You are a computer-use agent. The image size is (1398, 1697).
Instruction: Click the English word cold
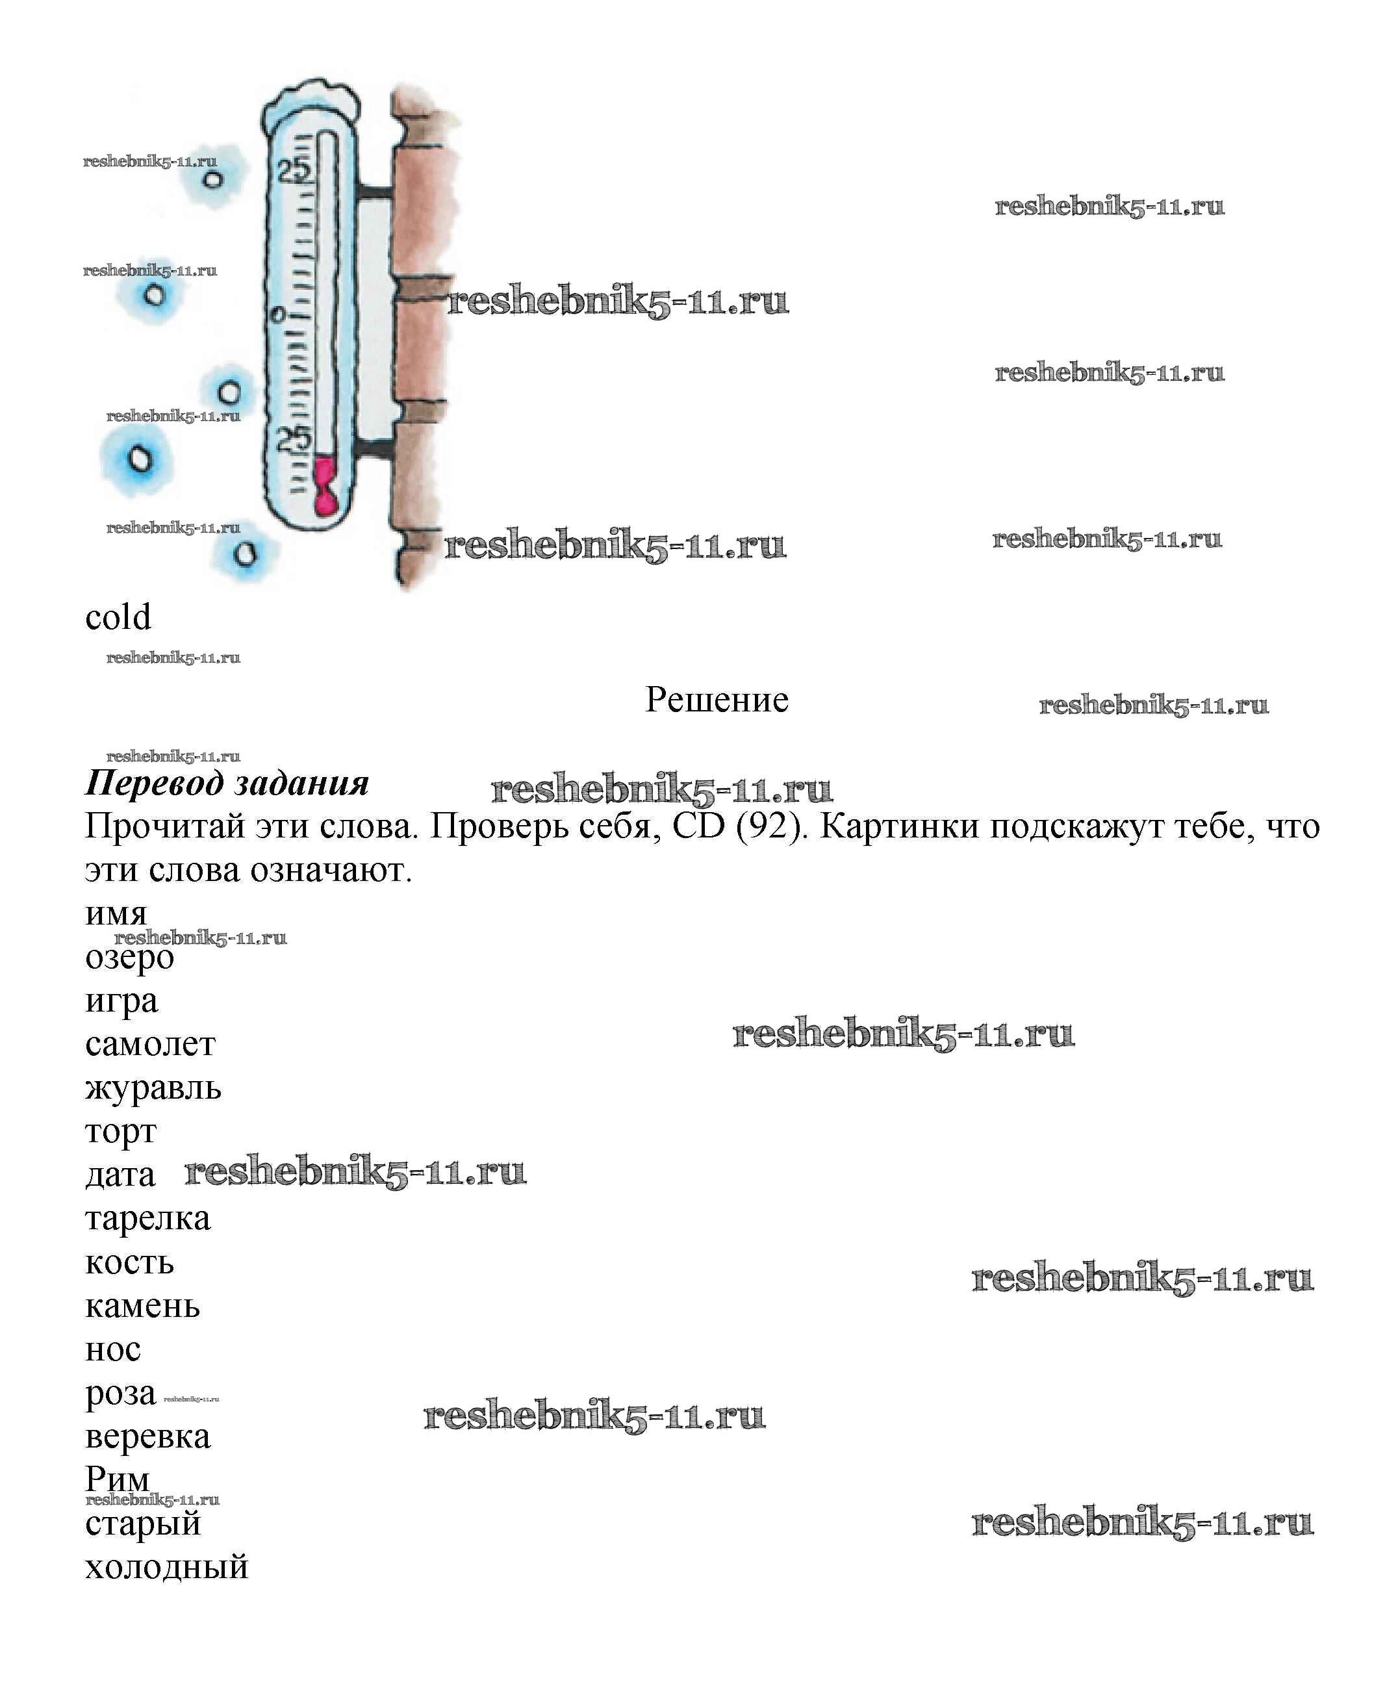coord(118,618)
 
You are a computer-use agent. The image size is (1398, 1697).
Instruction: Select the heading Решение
coord(717,700)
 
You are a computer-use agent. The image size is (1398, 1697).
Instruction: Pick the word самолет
coord(151,1045)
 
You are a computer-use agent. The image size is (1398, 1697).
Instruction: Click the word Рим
coord(118,1479)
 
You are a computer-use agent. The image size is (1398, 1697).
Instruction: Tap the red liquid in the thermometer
coord(325,487)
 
